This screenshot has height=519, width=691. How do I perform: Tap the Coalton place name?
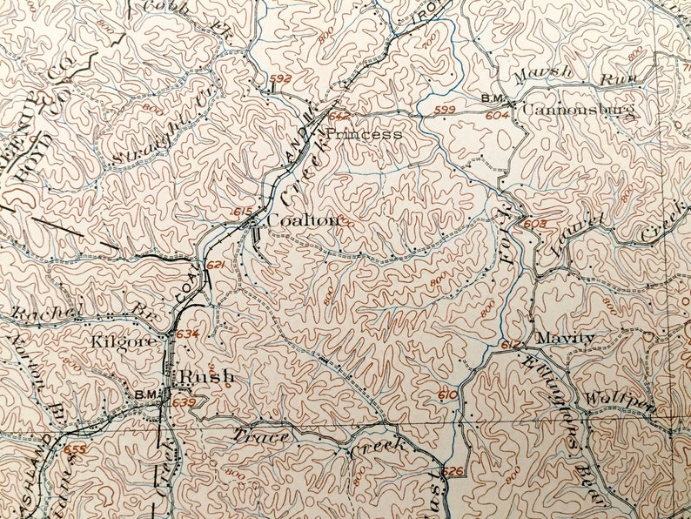tap(302, 220)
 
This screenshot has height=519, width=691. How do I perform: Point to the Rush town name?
tap(205, 376)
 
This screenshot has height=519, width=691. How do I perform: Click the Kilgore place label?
tap(124, 340)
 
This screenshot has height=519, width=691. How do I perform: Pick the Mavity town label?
tap(565, 338)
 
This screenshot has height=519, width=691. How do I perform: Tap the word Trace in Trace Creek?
tap(258, 436)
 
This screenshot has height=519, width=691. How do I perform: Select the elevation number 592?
tap(280, 79)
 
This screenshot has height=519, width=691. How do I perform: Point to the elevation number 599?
tap(445, 109)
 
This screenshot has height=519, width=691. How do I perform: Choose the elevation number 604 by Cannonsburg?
tap(498, 114)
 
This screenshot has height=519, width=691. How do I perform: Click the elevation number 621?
tap(216, 265)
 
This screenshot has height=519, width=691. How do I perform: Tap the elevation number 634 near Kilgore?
tap(187, 334)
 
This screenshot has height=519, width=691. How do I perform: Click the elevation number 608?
tap(535, 224)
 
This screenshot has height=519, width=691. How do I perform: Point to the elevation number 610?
tap(447, 395)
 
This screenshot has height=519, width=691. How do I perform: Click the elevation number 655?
tap(76, 449)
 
